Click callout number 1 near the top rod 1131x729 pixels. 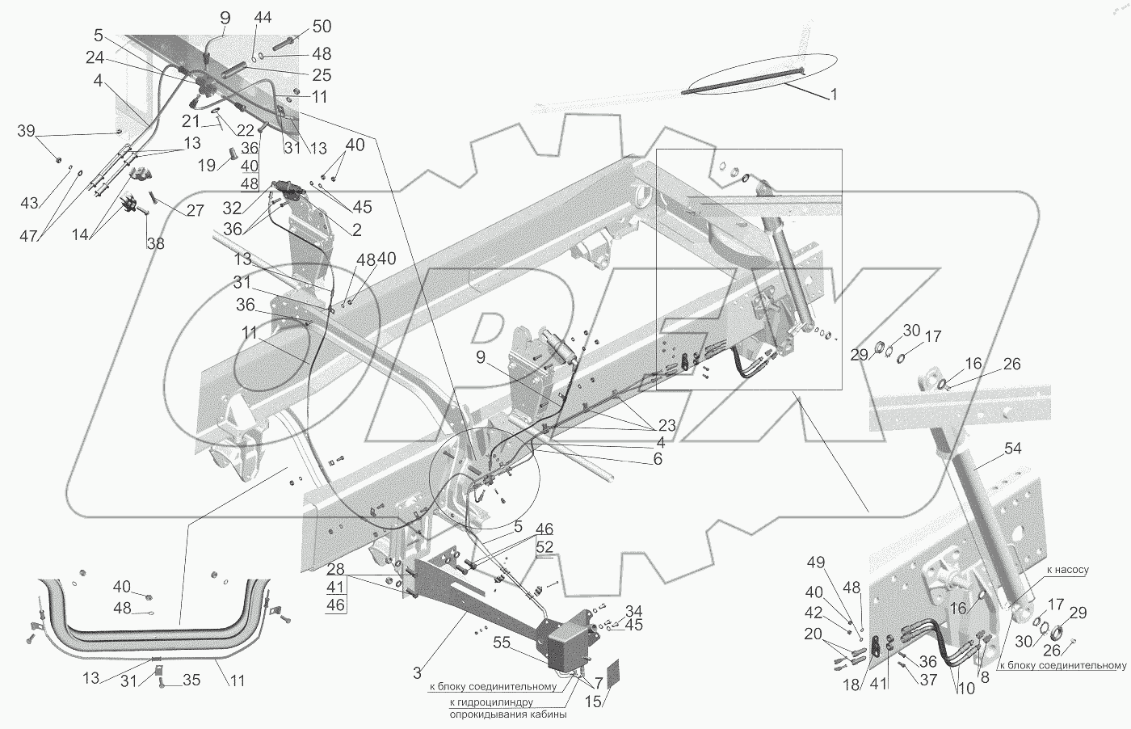click(x=833, y=95)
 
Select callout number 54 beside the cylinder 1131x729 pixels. click(x=1013, y=449)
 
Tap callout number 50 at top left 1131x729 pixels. click(x=299, y=27)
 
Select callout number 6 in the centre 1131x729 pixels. click(x=658, y=459)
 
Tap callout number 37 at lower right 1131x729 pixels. click(x=928, y=680)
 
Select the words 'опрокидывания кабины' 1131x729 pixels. click(x=507, y=714)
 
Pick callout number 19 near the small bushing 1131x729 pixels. click(x=208, y=164)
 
